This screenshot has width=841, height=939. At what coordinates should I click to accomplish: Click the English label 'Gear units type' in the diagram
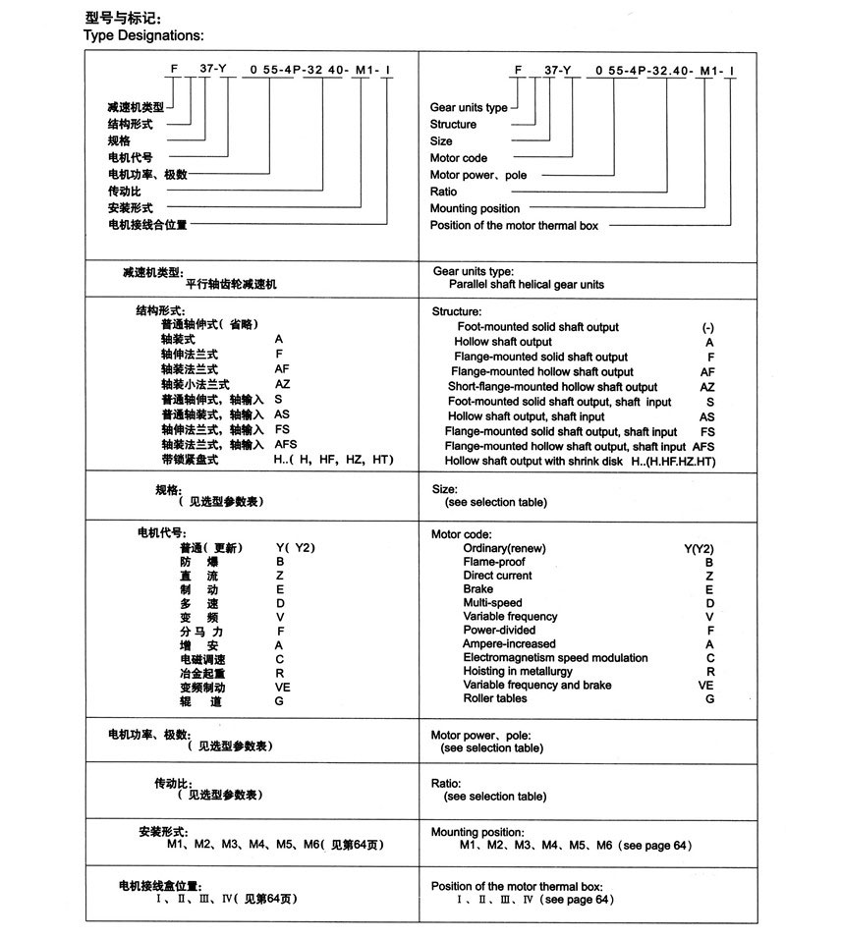click(469, 107)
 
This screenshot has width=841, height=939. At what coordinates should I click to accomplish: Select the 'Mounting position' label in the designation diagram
click(475, 208)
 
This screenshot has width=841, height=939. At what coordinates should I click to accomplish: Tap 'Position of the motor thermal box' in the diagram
click(514, 225)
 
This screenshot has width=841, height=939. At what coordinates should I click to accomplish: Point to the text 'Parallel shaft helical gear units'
click(527, 284)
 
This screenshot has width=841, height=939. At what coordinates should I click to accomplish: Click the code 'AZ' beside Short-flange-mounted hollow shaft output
click(707, 387)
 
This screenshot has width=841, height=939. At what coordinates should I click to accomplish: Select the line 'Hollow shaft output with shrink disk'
click(535, 461)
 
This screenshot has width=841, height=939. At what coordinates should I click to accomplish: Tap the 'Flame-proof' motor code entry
click(492, 562)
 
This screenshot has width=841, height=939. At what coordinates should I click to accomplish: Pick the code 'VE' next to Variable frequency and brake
click(706, 685)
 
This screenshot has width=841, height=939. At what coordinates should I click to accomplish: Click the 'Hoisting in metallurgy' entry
click(518, 671)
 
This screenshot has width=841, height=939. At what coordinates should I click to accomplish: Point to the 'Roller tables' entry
click(495, 698)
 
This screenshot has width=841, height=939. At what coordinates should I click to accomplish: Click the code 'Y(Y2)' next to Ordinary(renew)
click(699, 548)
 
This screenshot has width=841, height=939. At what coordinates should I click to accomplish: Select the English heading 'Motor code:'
click(462, 534)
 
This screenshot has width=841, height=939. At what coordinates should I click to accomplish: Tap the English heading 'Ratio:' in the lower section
click(447, 784)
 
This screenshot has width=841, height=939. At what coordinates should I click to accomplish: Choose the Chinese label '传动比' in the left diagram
click(124, 192)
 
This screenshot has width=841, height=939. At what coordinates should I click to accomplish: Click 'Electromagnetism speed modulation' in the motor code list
click(555, 657)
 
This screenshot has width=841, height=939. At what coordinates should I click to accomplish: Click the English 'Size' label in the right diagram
click(441, 140)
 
